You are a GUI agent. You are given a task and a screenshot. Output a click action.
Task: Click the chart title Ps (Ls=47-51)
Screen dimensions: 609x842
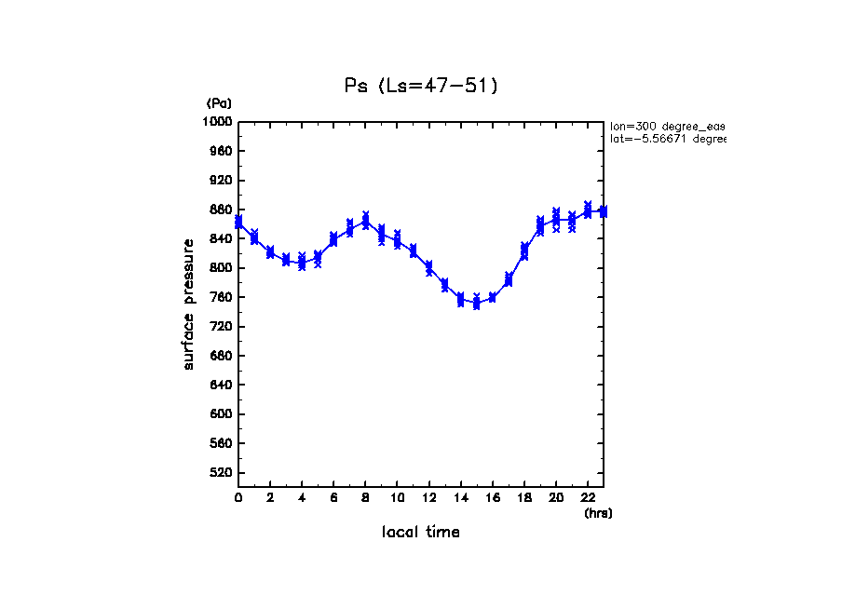[421, 86]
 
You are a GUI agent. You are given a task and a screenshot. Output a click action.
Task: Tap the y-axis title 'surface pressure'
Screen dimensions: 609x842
[189, 304]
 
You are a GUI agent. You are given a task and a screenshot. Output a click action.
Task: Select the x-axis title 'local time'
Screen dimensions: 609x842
[420, 533]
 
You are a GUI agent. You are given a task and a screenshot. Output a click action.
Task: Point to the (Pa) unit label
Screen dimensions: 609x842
[219, 103]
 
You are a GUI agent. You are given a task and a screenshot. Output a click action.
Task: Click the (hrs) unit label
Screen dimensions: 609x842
[598, 513]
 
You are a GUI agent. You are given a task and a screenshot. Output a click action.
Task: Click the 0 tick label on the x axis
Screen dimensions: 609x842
[238, 498]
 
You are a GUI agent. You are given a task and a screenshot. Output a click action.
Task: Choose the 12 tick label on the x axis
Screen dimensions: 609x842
[428, 498]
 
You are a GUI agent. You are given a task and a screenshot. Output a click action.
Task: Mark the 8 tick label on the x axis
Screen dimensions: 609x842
[365, 498]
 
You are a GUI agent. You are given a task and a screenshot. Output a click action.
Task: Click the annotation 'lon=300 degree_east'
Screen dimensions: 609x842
[667, 126]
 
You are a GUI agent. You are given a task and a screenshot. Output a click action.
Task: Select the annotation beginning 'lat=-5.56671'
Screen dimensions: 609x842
[667, 139]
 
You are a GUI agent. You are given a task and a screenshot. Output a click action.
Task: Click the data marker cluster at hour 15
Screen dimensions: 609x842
[476, 302]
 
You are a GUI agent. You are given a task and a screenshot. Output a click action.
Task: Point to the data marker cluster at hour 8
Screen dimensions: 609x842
[365, 221]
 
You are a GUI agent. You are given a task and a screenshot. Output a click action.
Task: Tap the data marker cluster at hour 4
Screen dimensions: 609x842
[302, 262]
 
